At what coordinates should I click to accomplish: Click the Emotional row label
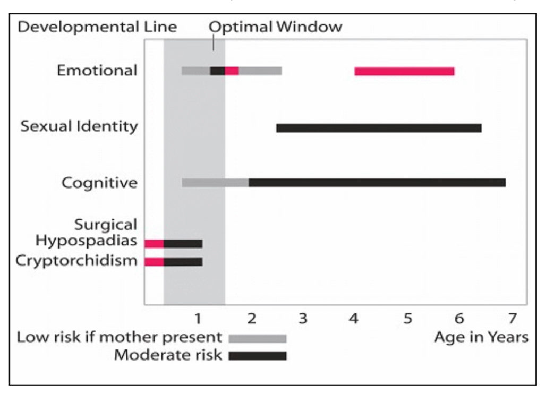97,71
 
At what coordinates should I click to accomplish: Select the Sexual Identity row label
79,127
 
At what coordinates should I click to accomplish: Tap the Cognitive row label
99,183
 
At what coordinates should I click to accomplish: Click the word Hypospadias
86,241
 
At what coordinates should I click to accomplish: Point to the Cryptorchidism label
76,261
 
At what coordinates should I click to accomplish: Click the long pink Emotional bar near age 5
404,71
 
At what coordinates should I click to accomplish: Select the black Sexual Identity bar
378,128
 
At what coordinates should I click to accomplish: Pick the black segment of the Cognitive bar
377,183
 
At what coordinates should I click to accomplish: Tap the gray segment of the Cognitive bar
215,183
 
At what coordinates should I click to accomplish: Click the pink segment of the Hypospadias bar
154,243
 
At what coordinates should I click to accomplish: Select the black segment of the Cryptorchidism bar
183,262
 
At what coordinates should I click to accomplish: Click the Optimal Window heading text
275,27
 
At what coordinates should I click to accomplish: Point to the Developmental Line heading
97,27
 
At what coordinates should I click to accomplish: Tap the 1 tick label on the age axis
198,319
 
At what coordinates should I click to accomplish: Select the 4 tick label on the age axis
354,319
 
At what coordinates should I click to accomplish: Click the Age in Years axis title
481,337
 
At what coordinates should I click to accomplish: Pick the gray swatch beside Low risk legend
258,338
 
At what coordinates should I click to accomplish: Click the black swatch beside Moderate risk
258,356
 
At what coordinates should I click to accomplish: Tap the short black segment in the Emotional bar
217,71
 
